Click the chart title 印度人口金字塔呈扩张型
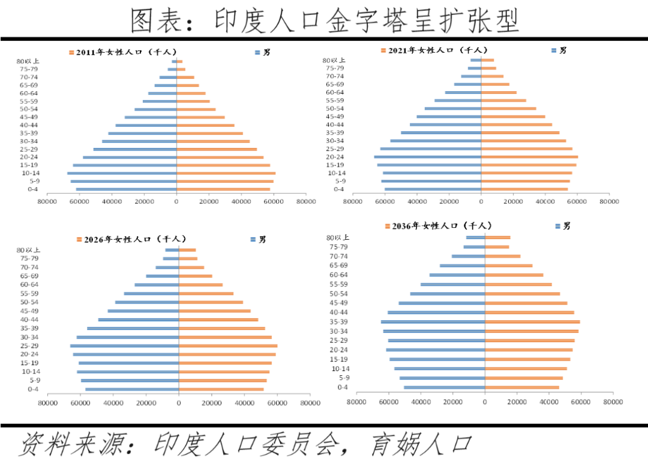325,20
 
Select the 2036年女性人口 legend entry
437,226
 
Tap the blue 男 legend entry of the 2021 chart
559,50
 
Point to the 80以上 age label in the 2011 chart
28,61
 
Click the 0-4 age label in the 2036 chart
343,387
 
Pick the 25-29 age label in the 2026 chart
29,346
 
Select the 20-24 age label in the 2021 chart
335,157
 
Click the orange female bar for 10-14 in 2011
226,173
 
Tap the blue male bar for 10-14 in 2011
122,173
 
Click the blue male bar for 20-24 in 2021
428,157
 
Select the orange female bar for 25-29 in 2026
228,346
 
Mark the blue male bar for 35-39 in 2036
433,322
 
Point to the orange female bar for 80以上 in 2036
497,237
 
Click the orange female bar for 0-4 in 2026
221,390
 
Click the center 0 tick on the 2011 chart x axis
176,201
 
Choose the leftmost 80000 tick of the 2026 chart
48,403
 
